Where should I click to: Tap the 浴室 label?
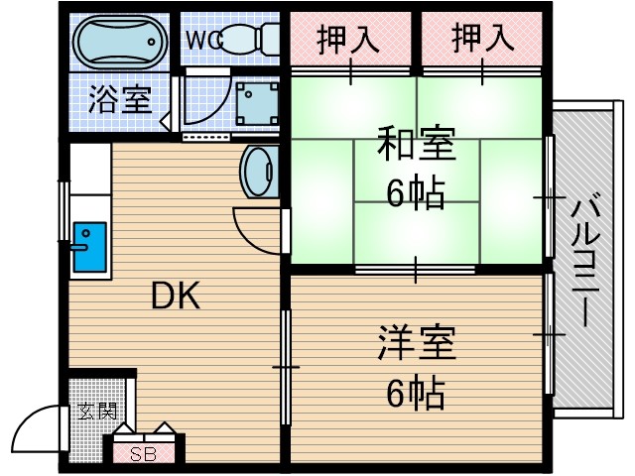pyautogui.click(x=120, y=100)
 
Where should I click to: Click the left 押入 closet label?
pyautogui.click(x=348, y=39)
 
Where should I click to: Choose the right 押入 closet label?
pyautogui.click(x=483, y=39)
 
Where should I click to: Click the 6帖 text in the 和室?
pyautogui.click(x=416, y=192)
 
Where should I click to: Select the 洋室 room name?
pyautogui.click(x=416, y=344)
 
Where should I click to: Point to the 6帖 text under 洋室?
pyautogui.click(x=416, y=394)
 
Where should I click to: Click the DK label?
pyautogui.click(x=176, y=296)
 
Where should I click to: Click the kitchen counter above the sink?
pyautogui.click(x=87, y=178)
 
